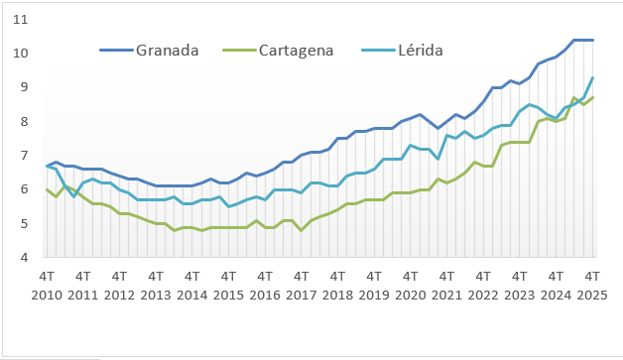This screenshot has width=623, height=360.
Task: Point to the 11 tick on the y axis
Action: (21, 19)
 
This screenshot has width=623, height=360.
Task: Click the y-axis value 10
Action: (21, 53)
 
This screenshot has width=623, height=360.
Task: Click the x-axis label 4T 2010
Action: (47, 286)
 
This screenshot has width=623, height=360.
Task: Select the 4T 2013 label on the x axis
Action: (156, 286)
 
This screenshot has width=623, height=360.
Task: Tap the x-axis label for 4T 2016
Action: (265, 286)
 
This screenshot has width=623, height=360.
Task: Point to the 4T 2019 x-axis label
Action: (374, 286)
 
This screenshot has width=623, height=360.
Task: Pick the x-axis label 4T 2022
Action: (483, 286)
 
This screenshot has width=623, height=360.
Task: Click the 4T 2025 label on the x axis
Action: (592, 286)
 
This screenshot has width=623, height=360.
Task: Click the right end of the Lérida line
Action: (593, 77)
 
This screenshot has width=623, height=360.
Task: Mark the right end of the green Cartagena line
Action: (593, 97)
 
